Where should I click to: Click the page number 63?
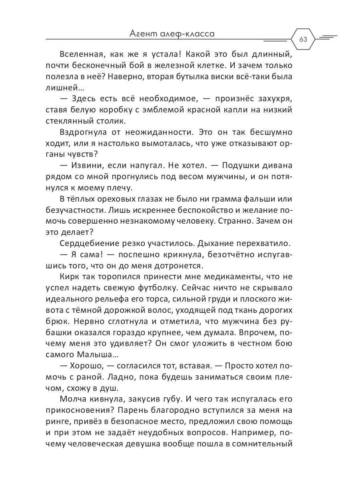[x=303, y=39]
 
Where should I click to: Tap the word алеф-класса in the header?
[x=189, y=34]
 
